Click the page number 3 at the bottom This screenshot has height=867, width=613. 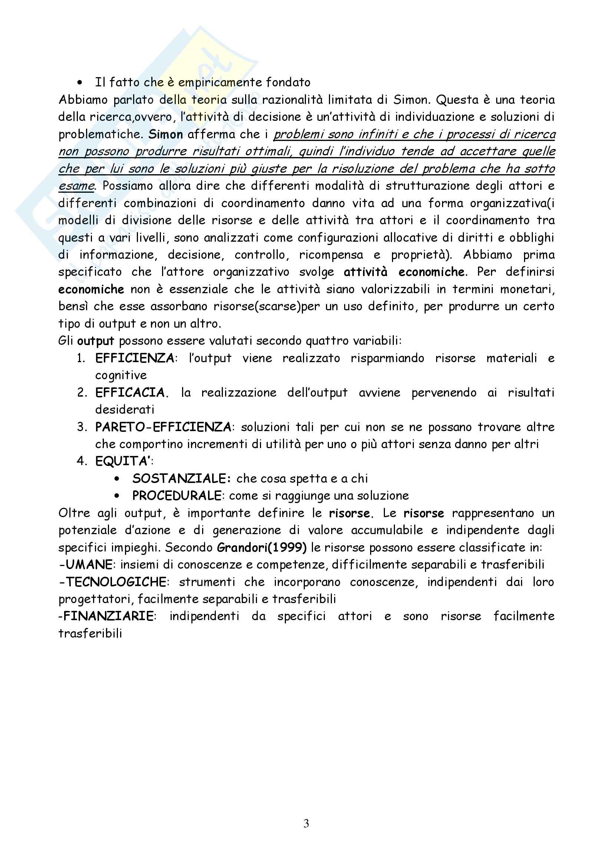(x=306, y=823)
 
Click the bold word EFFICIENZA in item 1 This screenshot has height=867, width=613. (x=135, y=358)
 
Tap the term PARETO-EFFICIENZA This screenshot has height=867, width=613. (x=163, y=427)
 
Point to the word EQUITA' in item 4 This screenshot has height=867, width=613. (x=123, y=461)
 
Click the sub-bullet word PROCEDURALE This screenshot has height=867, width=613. (x=177, y=496)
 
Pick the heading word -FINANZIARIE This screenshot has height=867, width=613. (x=106, y=616)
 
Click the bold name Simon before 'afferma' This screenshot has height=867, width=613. (x=165, y=135)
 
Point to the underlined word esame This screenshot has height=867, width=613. (x=76, y=186)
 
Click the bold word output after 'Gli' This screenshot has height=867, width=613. (x=96, y=341)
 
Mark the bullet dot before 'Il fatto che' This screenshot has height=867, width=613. (x=79, y=83)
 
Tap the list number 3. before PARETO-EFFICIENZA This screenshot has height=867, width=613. (x=82, y=427)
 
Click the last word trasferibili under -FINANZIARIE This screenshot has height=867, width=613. (x=90, y=633)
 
